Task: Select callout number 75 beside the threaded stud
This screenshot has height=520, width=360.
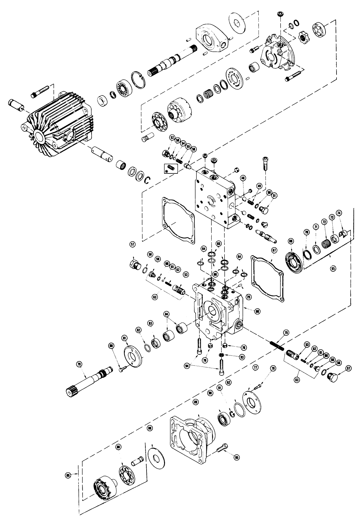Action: coord(286,333)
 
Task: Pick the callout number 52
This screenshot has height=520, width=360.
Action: coord(172,137)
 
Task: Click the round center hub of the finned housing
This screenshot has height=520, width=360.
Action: coord(39,137)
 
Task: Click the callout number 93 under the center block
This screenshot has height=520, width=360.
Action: coord(242,357)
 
